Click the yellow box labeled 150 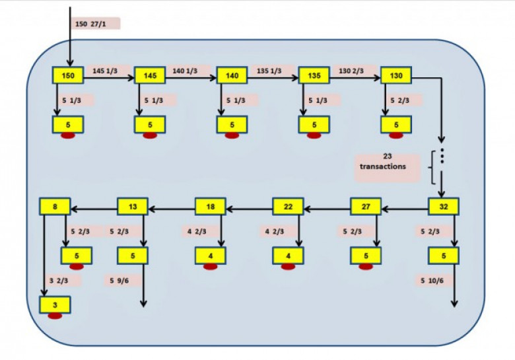coord(68,75)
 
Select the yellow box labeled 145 coord(150,75)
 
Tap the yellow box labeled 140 coord(232,75)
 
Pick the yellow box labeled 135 coord(314,75)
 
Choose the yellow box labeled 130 coord(396,75)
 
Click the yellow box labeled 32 coord(444,207)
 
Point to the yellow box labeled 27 coord(366,207)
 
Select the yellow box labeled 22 coord(288,207)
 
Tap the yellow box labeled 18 coord(210,207)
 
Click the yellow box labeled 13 coord(133,207)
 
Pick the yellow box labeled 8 coord(55,207)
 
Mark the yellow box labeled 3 coord(55,305)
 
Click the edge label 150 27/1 coord(90,24)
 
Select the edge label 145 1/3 coord(105,71)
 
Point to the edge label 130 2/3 coord(351,71)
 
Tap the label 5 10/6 coord(432,281)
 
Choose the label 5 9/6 coord(120,281)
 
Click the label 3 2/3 coord(59,281)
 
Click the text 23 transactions coord(383,161)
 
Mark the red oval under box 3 coord(55,316)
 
